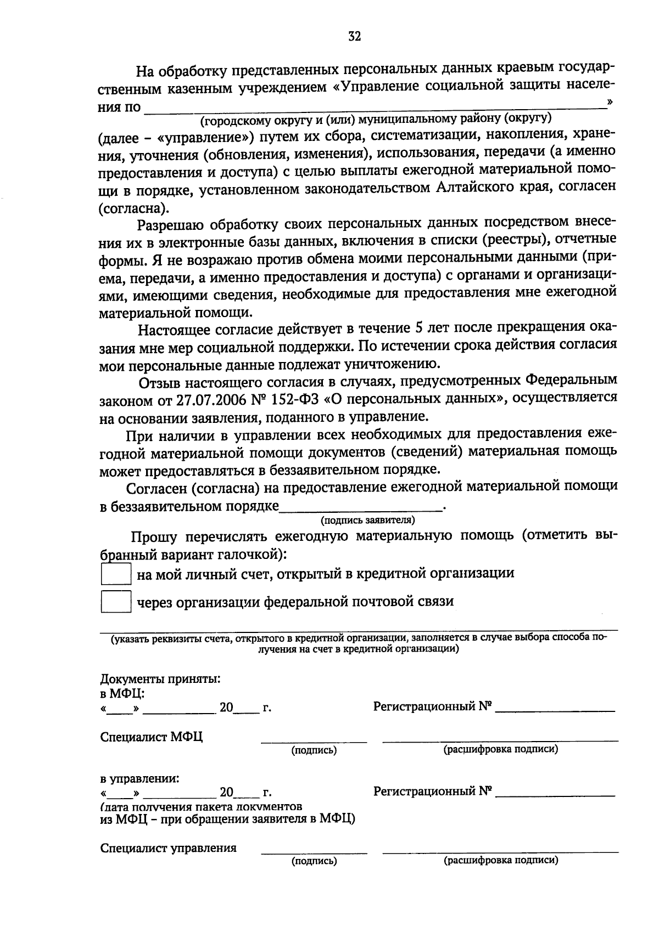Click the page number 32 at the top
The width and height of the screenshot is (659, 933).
(354, 37)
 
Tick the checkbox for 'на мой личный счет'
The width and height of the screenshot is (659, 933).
(116, 574)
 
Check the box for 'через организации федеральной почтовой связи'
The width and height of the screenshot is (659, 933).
(116, 602)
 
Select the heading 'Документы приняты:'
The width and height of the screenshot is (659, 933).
(160, 679)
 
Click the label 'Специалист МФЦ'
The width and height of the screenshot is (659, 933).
(152, 737)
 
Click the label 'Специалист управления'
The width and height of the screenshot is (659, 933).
(168, 848)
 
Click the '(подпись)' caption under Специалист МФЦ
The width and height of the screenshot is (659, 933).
(314, 750)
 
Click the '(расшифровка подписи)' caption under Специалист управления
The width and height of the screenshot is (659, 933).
(500, 861)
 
